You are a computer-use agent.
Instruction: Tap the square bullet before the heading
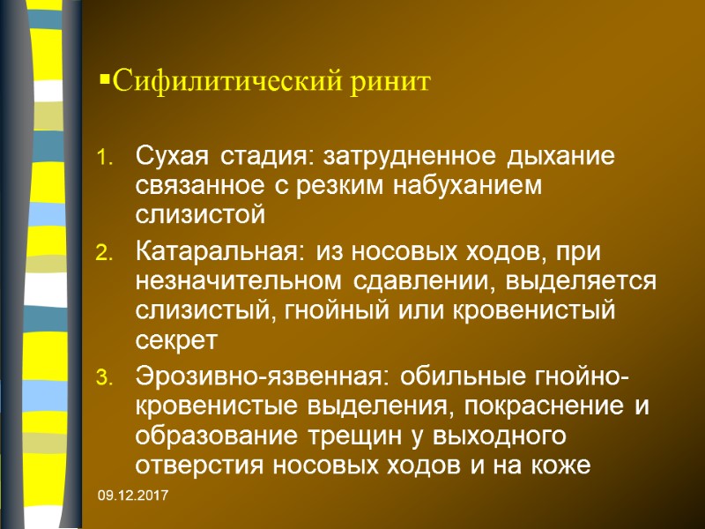pyautogui.click(x=103, y=82)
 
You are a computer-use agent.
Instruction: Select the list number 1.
pyautogui.click(x=105, y=160)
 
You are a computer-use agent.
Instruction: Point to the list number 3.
pyautogui.click(x=105, y=379)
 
